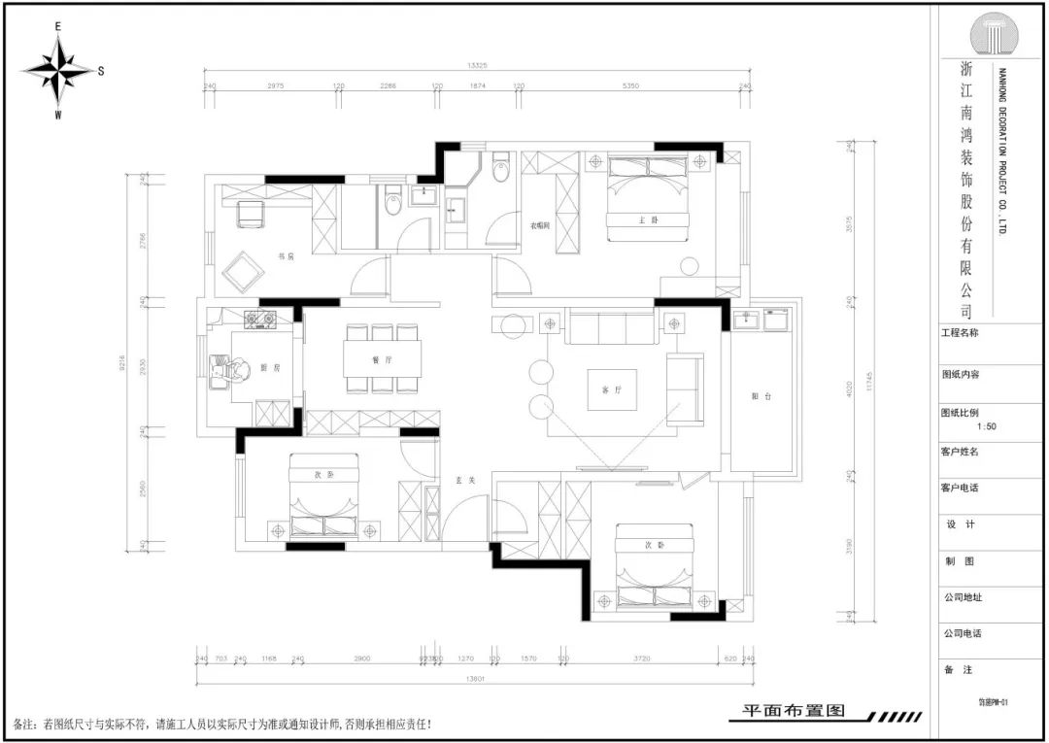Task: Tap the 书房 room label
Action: [x=286, y=257]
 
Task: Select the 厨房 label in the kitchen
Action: [x=270, y=368]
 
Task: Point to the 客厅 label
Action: [x=611, y=389]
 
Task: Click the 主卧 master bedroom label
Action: [x=649, y=220]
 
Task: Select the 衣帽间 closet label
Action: [x=540, y=225]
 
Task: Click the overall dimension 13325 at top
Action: [x=476, y=66]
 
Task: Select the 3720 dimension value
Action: [x=641, y=659]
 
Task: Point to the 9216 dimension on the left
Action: [x=124, y=363]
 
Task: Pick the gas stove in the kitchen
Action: [x=261, y=318]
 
